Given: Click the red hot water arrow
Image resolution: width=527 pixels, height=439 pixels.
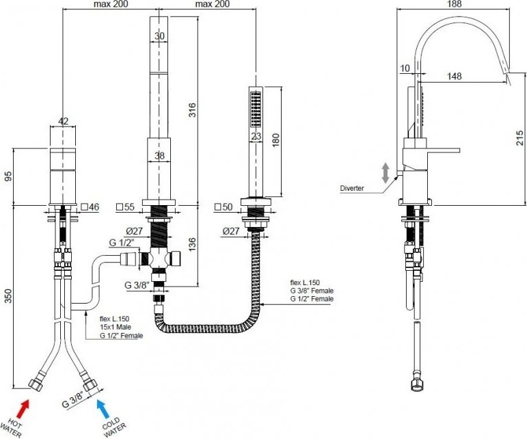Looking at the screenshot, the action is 23,408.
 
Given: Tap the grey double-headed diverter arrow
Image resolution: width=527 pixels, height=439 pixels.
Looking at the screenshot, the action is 385,173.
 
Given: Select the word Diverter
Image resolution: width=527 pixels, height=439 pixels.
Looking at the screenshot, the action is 352,188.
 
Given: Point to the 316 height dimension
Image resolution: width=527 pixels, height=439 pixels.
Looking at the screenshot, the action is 192,110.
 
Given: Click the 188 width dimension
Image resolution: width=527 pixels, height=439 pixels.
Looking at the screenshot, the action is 455,4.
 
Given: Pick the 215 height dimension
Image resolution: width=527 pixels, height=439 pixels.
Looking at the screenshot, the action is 520,138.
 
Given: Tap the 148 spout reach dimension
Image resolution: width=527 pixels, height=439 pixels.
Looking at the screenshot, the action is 454,77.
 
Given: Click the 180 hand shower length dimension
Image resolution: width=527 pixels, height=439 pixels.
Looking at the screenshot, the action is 275,141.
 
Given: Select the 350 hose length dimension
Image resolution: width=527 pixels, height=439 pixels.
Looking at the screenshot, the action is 8,296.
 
